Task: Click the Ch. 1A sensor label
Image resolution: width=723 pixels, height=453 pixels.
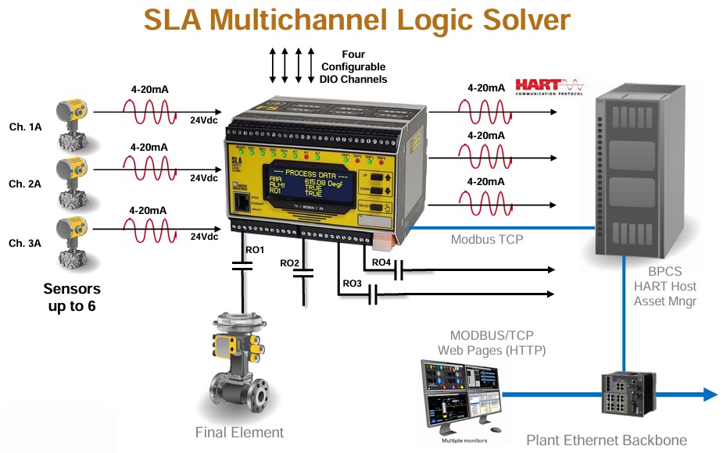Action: click(x=26, y=127)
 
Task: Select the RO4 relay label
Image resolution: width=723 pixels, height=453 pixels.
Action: click(x=381, y=262)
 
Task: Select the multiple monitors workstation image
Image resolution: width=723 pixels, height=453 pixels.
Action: click(x=460, y=398)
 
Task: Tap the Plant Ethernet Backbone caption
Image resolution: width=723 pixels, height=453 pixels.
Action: click(x=606, y=440)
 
